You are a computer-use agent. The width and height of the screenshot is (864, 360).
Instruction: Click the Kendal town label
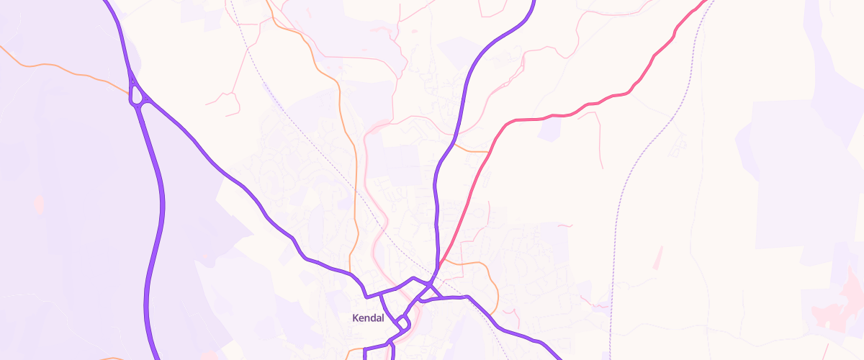click(369, 318)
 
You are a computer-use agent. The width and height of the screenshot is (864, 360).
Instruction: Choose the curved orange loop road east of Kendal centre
click(490, 277)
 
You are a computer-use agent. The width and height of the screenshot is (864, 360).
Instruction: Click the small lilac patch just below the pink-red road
click(549, 130)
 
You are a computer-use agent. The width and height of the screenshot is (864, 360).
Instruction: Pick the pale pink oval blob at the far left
click(39, 204)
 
